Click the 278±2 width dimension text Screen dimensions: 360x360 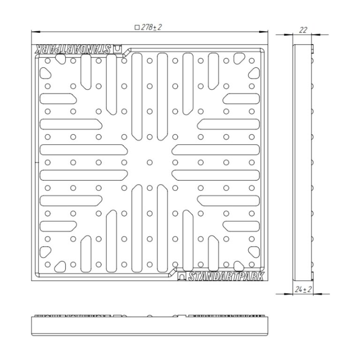click(x=151, y=27)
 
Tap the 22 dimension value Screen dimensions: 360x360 click(x=303, y=30)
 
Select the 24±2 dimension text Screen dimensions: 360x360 click(x=303, y=290)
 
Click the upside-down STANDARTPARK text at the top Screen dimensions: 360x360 click(x=72, y=49)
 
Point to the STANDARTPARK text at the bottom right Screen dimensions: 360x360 click(x=226, y=276)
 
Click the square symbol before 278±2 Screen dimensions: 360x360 click(x=137, y=28)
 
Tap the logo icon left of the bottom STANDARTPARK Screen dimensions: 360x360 click(x=182, y=276)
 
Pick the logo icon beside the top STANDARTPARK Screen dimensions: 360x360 click(x=118, y=49)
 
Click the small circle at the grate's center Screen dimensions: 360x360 click(x=150, y=163)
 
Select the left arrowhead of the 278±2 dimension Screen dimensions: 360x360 click(x=36, y=32)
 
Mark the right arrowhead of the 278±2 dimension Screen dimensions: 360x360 click(x=263, y=32)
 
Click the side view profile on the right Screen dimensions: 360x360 click(x=303, y=163)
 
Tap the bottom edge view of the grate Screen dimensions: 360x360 click(x=150, y=326)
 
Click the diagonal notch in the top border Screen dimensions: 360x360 click(x=127, y=52)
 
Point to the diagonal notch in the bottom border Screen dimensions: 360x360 click(x=172, y=272)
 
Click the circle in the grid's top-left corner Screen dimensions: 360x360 click(x=48, y=61)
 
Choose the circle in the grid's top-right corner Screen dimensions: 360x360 click(x=252, y=61)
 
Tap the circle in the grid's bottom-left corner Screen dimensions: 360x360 click(x=48, y=264)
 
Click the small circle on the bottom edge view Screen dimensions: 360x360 click(x=150, y=315)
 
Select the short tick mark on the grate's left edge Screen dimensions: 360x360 click(x=37, y=163)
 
